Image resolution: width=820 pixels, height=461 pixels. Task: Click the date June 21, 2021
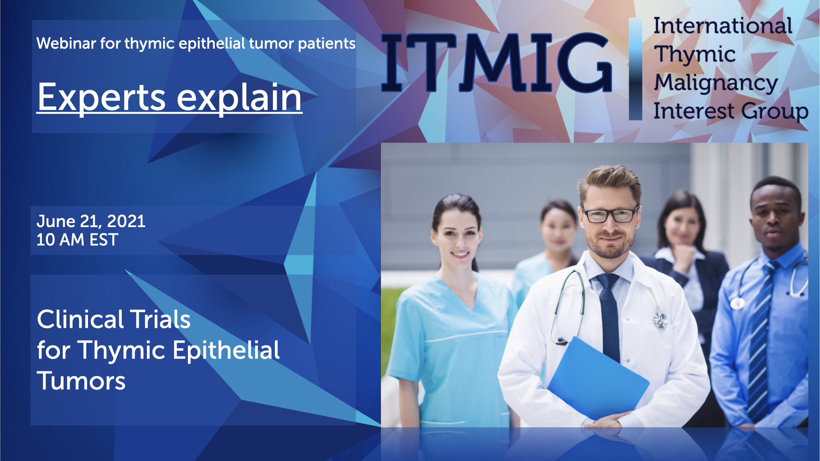click(91, 221)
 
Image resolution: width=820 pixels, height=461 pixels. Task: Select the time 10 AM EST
click(77, 240)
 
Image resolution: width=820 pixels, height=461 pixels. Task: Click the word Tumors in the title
click(81, 381)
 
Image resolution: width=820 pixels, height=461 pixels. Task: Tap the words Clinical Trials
click(114, 319)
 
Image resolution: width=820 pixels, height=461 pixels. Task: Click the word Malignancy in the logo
click(716, 83)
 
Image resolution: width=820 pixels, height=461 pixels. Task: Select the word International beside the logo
click(723, 26)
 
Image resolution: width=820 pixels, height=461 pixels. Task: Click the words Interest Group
click(731, 111)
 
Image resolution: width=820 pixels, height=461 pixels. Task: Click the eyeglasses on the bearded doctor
click(610, 215)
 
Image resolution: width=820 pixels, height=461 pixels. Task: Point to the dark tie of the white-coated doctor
click(609, 316)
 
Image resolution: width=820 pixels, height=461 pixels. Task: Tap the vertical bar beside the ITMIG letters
click(635, 69)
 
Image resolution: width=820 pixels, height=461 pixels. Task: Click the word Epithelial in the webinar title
click(226, 350)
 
